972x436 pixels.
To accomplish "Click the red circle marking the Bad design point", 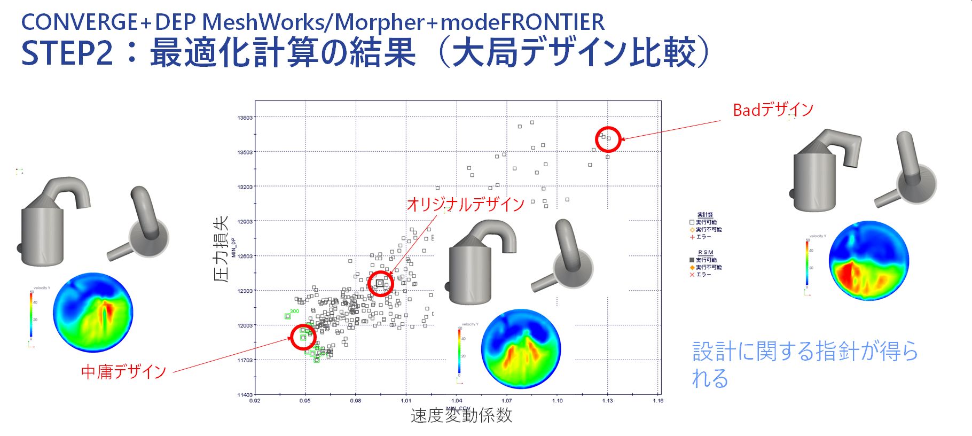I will point(608,139).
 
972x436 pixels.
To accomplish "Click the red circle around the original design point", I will point(380,283).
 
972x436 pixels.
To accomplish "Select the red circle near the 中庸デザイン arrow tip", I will point(303,337).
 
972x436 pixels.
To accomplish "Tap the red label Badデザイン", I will point(773,110).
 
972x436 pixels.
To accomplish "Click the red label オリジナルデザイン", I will point(466,204).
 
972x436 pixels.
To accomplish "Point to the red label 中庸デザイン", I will point(123,371).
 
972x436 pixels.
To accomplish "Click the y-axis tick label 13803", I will point(245,118).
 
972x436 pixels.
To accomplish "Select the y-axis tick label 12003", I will point(245,325).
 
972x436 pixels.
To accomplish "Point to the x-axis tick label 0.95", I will point(305,401).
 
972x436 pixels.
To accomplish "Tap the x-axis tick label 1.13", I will point(608,401).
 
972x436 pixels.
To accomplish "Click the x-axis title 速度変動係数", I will point(461,416).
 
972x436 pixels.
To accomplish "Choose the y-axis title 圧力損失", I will point(221,249).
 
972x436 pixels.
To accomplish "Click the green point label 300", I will point(294,311).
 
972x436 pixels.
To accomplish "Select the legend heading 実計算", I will point(705,215).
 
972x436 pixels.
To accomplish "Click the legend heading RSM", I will point(706,252).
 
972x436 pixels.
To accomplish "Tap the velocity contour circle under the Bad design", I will point(868,260).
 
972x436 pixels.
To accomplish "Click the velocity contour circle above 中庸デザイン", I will point(93,313).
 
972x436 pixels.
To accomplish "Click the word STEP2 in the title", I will point(67,53).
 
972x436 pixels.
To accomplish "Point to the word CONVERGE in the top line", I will point(79,22).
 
